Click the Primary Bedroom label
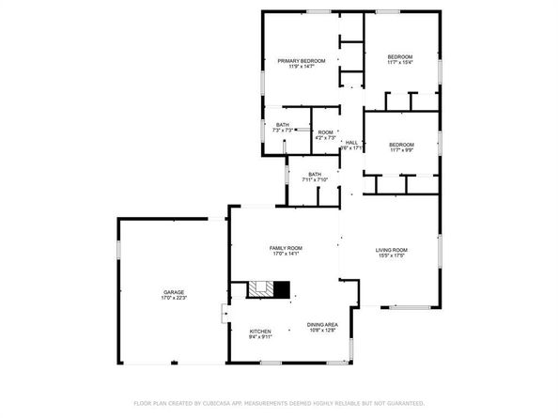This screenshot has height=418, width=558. click(301, 61)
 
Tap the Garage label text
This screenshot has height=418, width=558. click(173, 292)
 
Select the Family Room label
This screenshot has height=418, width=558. click(285, 247)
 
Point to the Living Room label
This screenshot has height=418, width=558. click(391, 250)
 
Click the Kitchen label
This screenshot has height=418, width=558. click(260, 332)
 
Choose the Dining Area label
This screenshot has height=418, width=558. click(322, 325)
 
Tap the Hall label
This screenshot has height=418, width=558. click(351, 142)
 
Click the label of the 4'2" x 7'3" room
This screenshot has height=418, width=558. click(325, 132)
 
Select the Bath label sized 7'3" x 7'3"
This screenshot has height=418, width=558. click(282, 125)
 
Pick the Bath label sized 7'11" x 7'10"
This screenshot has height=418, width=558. click(315, 174)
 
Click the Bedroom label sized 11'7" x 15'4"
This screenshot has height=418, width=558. click(400, 57)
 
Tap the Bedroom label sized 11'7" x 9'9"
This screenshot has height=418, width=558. click(401, 144)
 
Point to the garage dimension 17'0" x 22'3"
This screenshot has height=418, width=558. click(173, 299)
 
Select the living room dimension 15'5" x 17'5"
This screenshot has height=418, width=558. click(391, 255)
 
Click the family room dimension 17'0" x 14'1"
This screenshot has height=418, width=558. click(285, 254)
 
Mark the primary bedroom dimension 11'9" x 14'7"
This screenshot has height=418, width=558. click(301, 68)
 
